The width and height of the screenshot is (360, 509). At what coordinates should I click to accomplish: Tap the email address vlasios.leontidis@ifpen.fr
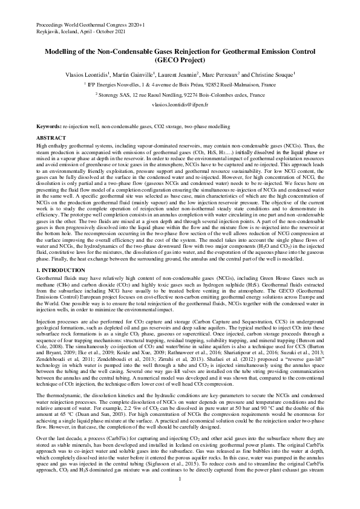click(x=180, y=104)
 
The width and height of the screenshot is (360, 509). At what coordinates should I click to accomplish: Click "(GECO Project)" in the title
click(x=180, y=61)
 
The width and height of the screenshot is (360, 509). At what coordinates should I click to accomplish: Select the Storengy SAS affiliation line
click(x=180, y=95)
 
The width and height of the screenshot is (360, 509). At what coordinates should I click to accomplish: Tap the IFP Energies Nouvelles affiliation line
click(x=180, y=85)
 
